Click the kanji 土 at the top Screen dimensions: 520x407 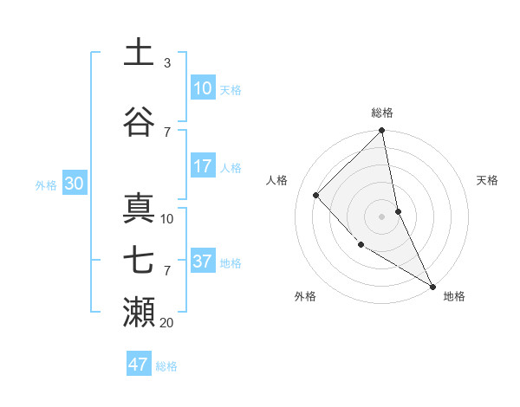[139, 53]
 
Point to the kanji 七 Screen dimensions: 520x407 [139, 261]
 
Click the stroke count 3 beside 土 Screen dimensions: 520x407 [167, 63]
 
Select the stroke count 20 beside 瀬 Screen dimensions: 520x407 [167, 323]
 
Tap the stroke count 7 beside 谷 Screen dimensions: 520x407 [167, 132]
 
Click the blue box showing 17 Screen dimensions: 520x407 [203, 166]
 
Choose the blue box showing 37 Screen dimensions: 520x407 [203, 262]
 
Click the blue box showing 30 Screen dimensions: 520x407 [74, 184]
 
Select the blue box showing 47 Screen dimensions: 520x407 [139, 365]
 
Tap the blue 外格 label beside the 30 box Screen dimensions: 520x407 [46, 184]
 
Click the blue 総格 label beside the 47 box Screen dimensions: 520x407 [166, 366]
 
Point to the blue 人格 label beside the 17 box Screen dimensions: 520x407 [231, 167]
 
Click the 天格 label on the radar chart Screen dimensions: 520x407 [487, 180]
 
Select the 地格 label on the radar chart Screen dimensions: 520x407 [454, 296]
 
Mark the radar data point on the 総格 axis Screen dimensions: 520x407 [382, 132]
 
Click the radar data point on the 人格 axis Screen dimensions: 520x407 [316, 195]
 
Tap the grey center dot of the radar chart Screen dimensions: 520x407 [382, 216]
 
